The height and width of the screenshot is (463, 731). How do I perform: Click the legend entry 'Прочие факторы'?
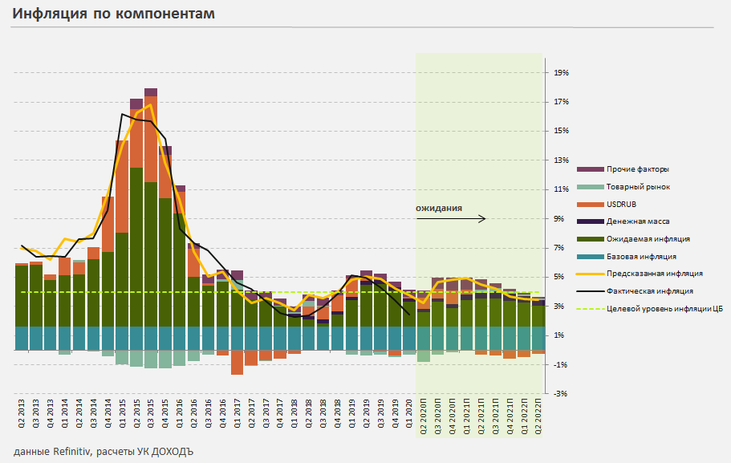tap(638, 169)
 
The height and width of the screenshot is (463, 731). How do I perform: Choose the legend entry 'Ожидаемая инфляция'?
tap(648, 239)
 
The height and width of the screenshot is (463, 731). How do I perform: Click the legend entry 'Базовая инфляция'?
tap(642, 256)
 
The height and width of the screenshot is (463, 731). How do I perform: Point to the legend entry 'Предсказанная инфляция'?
tap(655, 274)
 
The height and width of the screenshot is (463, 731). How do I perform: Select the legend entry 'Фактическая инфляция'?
tap(650, 291)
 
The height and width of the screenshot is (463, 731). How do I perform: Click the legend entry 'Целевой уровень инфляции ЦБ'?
tap(665, 308)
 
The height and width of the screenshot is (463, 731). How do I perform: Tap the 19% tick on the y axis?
tap(561, 73)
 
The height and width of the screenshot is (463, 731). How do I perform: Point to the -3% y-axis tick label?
tap(561, 393)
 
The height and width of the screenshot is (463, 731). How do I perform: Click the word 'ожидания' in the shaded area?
tap(438, 209)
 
